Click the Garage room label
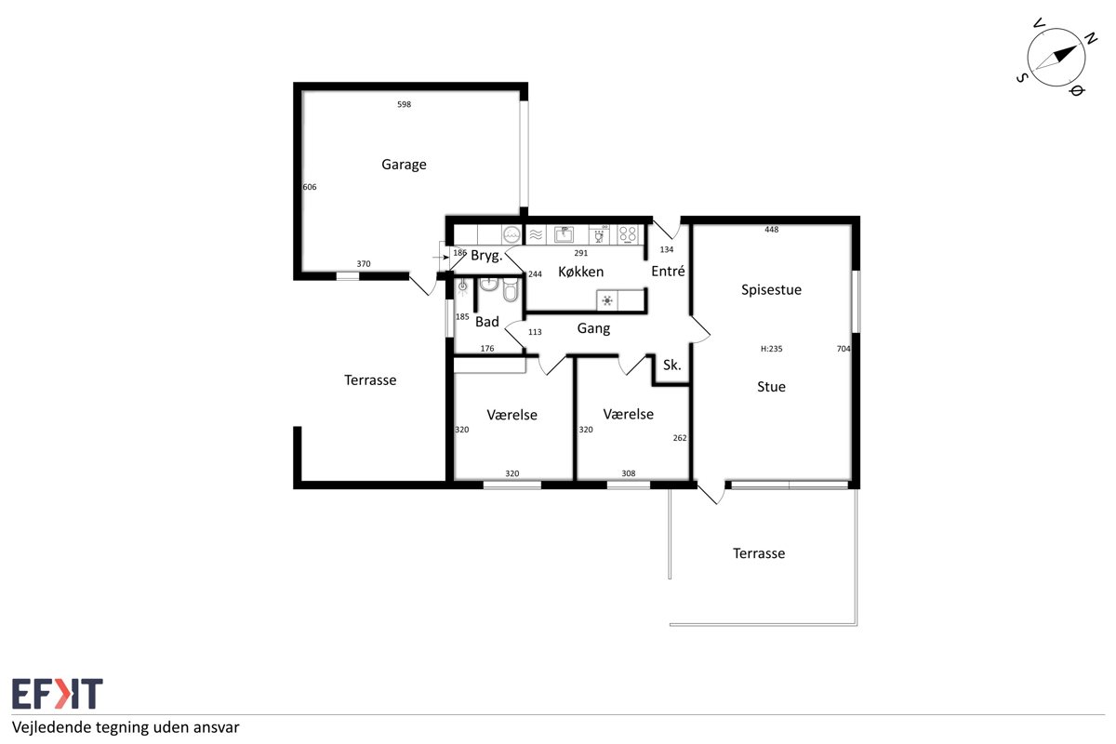point(404,165)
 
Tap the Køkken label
point(580,272)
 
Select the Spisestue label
point(771,290)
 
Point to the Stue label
point(771,387)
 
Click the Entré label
point(668,271)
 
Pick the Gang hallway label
point(593,329)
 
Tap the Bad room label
point(486,322)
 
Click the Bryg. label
point(486,256)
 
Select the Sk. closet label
point(671,365)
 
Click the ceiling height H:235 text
point(771,349)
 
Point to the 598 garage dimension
point(404,104)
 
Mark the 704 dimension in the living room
point(843,349)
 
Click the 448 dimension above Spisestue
point(771,230)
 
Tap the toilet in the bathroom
point(511,289)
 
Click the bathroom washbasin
point(489,284)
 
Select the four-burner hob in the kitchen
point(628,234)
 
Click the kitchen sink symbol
point(564,234)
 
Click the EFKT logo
point(58,693)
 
